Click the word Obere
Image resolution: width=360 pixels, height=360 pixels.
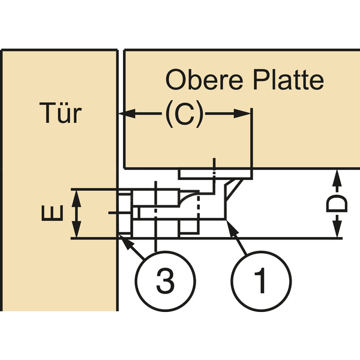tap(204, 80)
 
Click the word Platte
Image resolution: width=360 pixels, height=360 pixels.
tap(289, 80)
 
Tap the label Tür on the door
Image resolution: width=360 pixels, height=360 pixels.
tap(61, 113)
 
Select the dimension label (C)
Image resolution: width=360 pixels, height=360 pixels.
tap(184, 113)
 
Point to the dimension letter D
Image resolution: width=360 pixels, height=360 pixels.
tap(337, 203)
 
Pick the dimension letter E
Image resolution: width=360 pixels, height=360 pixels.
tap(52, 213)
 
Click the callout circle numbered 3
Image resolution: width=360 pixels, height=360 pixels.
tap(166, 281)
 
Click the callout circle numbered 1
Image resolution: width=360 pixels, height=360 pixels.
tap(261, 281)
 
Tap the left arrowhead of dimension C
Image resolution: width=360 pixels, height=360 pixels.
tap(127, 113)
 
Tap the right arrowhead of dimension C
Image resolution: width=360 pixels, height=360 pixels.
tap(242, 113)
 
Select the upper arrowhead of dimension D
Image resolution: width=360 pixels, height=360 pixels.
tap(337, 178)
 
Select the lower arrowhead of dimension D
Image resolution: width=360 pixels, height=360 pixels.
tap(337, 229)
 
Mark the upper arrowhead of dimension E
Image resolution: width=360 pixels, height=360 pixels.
tap(76, 199)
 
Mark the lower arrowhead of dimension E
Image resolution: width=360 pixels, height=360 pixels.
tap(76, 229)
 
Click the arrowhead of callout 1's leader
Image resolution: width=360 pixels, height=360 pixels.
tap(232, 228)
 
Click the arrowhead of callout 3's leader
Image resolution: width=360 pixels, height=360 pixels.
tap(126, 242)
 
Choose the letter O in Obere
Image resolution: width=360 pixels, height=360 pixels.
tap(176, 80)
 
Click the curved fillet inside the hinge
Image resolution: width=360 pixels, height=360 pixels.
tap(187, 198)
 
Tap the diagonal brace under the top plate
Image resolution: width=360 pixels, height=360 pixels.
tap(235, 190)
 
